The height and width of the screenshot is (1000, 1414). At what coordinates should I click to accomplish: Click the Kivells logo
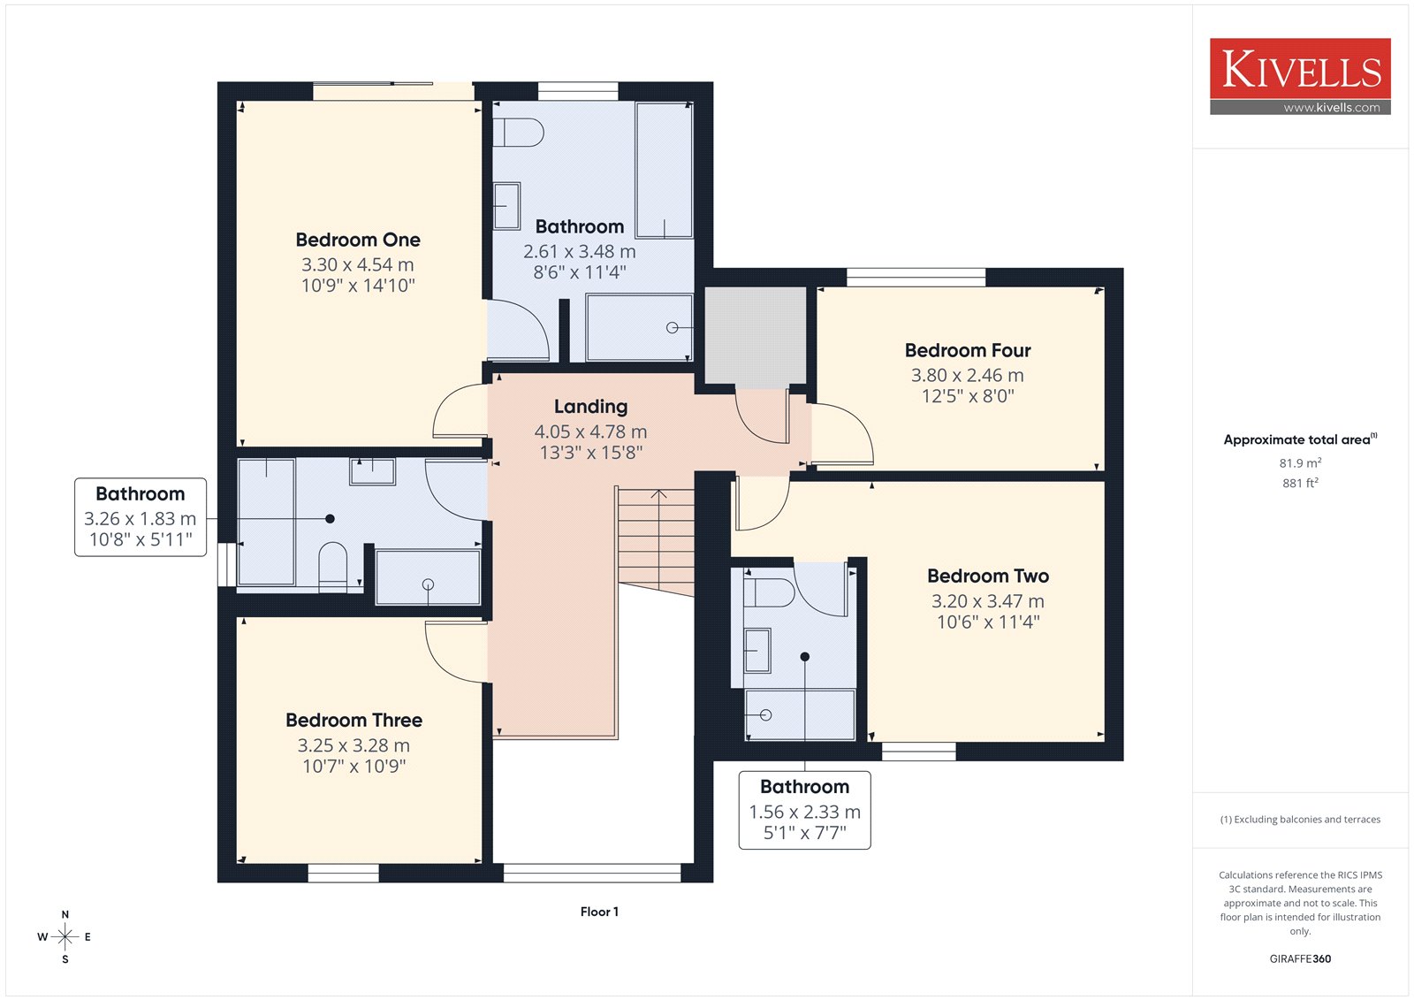(x=1300, y=76)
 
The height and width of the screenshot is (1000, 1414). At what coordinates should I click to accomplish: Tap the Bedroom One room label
(x=358, y=240)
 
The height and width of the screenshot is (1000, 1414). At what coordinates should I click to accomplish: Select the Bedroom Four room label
(x=968, y=351)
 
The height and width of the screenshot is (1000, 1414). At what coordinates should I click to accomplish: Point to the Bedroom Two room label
(x=988, y=576)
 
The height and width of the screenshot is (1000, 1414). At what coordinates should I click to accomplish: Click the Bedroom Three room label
(x=353, y=720)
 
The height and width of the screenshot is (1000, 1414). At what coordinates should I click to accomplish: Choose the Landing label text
(x=591, y=407)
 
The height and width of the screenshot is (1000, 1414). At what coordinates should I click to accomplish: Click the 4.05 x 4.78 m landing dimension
(x=591, y=431)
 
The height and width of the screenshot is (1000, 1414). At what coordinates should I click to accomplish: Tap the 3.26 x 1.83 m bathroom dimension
(x=141, y=519)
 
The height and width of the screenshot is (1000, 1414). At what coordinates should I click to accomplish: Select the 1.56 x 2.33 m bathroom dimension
(x=805, y=812)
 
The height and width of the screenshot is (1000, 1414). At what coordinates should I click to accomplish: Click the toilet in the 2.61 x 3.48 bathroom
(x=518, y=133)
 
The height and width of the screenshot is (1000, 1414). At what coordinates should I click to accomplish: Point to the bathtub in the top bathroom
(x=664, y=171)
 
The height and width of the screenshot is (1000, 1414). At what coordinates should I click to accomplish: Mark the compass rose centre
(x=65, y=937)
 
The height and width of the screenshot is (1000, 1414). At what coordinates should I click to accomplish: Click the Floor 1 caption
(x=600, y=912)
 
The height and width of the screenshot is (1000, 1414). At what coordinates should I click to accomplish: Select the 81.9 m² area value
(x=1300, y=463)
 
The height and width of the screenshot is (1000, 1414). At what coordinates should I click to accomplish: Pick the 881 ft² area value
(x=1300, y=484)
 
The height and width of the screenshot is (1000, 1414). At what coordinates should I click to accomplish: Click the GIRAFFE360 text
(x=1300, y=958)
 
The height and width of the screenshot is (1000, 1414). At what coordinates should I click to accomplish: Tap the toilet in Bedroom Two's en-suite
(x=769, y=593)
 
